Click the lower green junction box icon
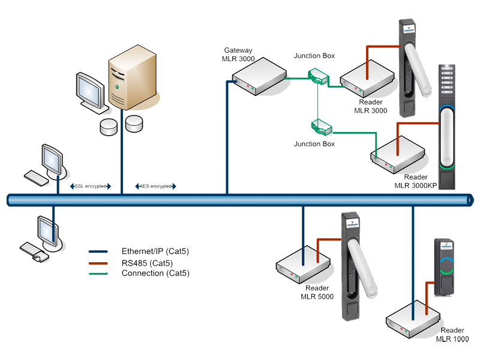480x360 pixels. click(x=320, y=127)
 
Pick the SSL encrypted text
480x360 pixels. click(x=91, y=187)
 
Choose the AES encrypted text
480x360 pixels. click(x=155, y=187)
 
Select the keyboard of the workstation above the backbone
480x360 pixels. click(x=36, y=176)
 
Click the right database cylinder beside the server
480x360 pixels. click(x=134, y=123)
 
